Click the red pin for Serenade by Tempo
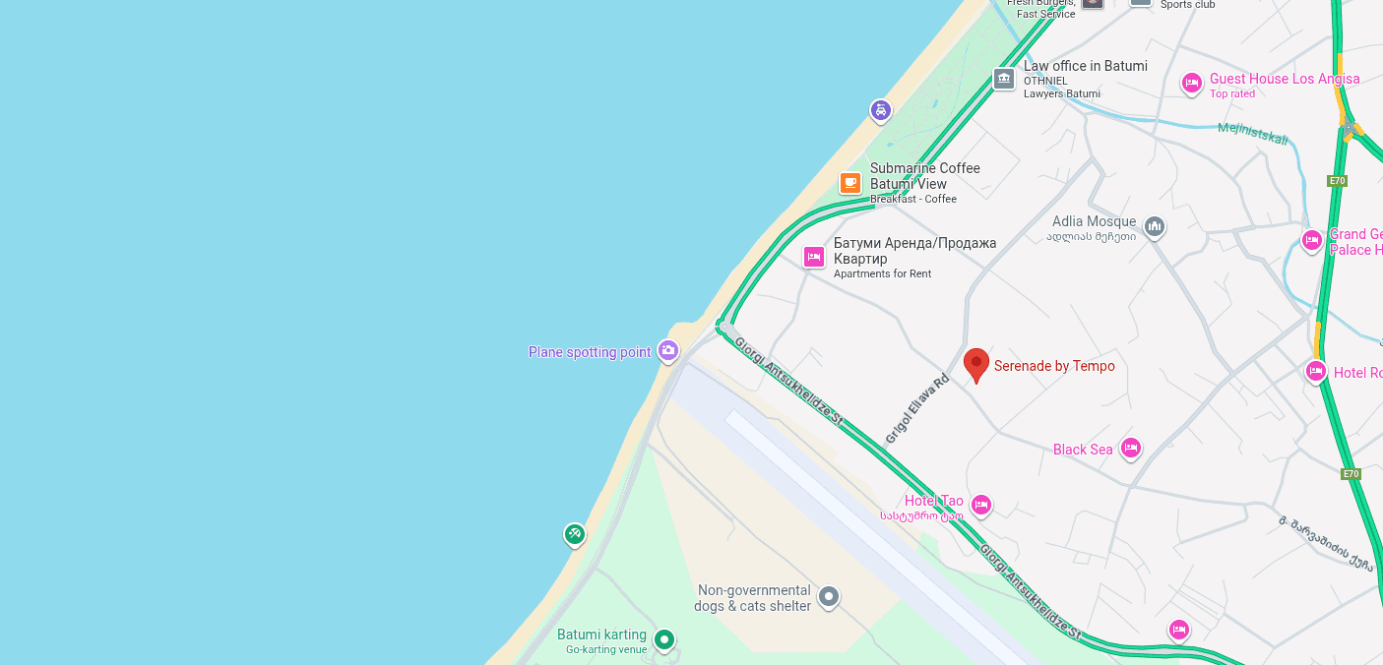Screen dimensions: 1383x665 tap(975, 364)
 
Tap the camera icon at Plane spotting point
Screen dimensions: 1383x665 tap(668, 350)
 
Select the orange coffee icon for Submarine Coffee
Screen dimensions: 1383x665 tap(850, 183)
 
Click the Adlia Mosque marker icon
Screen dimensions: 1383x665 tap(1155, 227)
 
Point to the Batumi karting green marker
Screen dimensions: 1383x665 tap(664, 639)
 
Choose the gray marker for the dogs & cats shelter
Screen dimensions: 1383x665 tap(829, 596)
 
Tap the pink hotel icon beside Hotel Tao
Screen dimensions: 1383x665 tap(980, 505)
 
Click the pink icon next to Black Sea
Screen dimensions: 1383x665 tap(1130, 449)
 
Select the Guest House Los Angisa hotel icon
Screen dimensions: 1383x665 tap(1192, 84)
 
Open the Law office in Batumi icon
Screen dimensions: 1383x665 tap(1004, 79)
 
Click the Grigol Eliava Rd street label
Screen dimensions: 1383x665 tap(916, 408)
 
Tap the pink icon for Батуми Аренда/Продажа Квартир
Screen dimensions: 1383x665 tap(813, 257)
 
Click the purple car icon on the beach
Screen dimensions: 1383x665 tap(881, 110)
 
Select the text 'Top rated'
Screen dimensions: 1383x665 tap(1232, 94)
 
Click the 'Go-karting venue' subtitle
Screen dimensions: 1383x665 tap(606, 650)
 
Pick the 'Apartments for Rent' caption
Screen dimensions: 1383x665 tap(882, 274)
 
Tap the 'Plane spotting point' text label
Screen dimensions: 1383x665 tap(590, 352)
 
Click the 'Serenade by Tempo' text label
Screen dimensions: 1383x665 tap(1054, 366)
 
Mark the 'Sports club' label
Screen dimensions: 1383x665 tap(1187, 5)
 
